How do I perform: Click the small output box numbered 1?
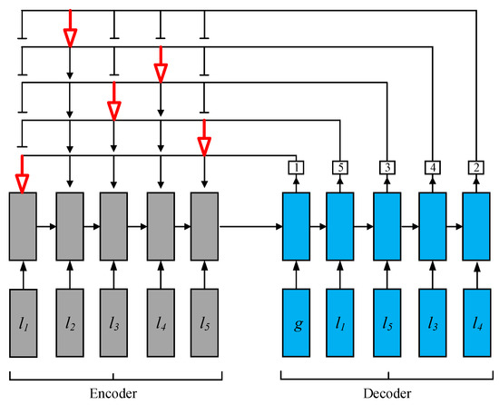297,167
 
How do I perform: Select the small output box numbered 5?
340,167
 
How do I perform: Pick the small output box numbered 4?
432,167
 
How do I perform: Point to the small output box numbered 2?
476,167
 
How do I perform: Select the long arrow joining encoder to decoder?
249,224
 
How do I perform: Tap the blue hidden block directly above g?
297,224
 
